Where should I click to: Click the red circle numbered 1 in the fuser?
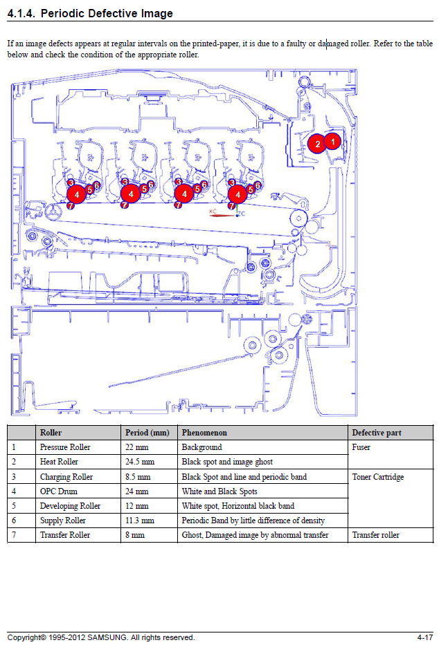[x=332, y=141]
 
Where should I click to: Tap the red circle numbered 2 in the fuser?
[x=317, y=144]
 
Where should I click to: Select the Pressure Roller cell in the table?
[x=65, y=447]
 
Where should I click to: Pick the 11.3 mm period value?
[x=139, y=521]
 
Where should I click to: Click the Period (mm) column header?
[x=147, y=433]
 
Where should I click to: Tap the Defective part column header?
[x=376, y=433]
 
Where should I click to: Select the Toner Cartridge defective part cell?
[x=377, y=477]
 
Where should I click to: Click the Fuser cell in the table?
[x=361, y=447]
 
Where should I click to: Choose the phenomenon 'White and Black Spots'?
[x=219, y=491]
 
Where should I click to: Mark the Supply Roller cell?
[x=63, y=521]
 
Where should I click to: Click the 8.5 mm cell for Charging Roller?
[x=136, y=477]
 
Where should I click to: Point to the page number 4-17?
[x=424, y=637]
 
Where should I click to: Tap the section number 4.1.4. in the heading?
[x=21, y=13]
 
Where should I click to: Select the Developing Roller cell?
[x=70, y=506]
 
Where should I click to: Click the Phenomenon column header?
[x=204, y=433]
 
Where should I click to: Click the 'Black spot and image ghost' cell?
[x=227, y=462]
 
